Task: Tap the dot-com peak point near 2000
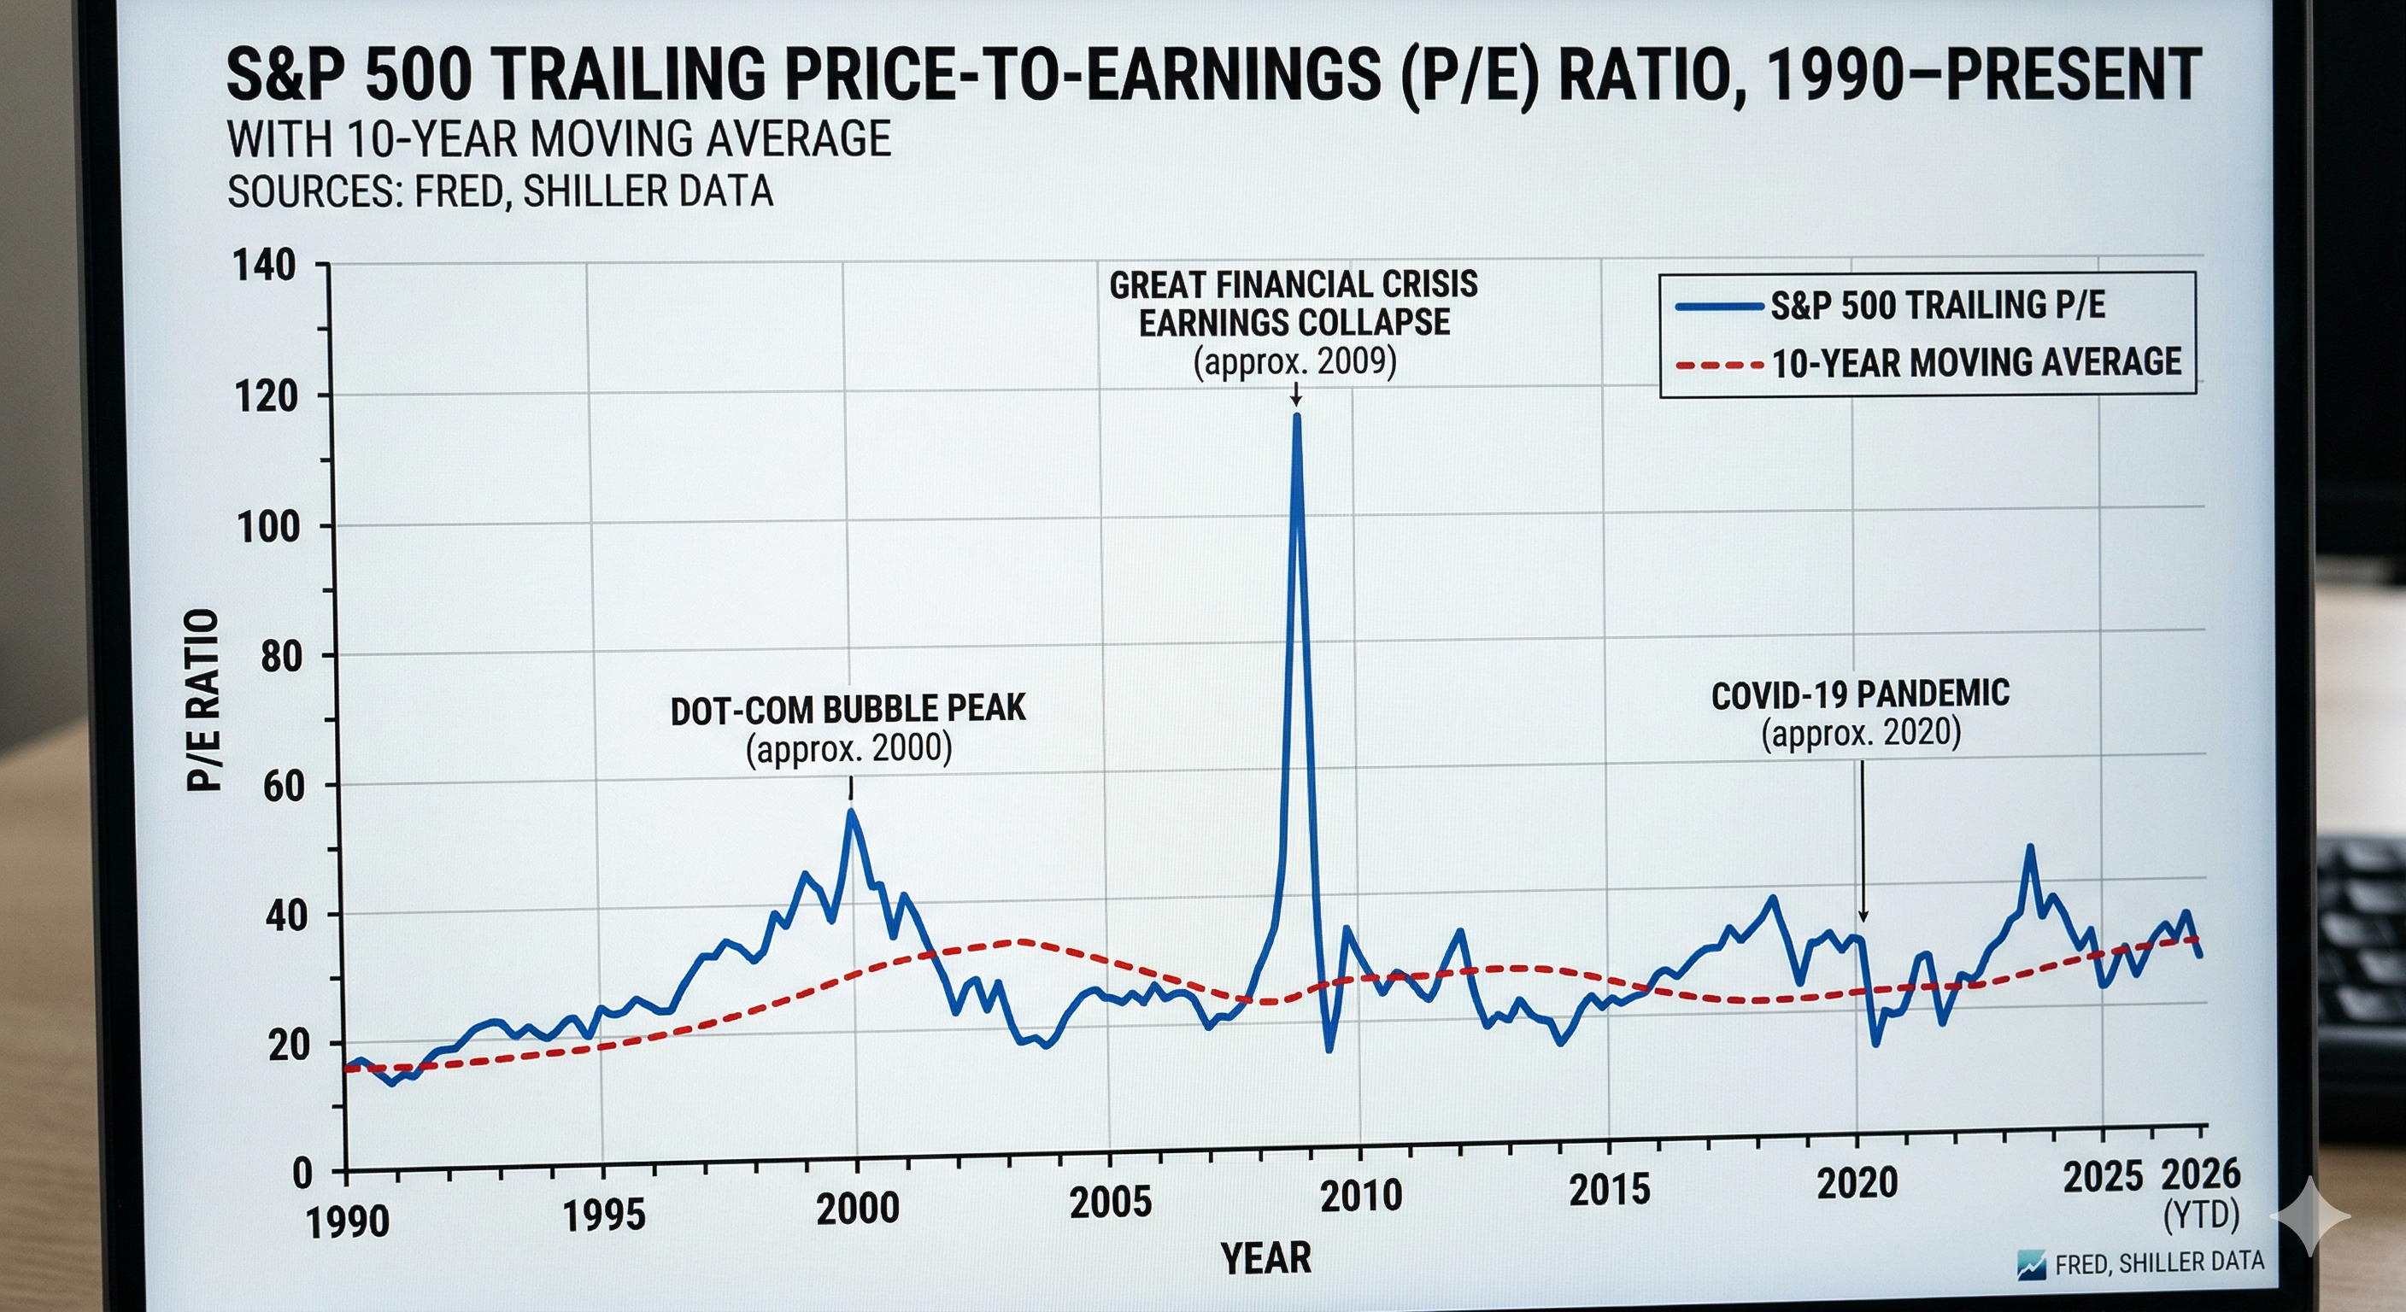point(851,812)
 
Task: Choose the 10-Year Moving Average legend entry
point(1975,362)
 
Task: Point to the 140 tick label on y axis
point(264,266)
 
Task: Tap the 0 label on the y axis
point(302,1174)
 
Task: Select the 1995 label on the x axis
point(603,1215)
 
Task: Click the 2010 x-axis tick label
point(1361,1196)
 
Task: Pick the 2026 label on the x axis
point(2202,1174)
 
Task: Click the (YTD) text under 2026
point(2202,1215)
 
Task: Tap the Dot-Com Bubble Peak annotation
point(848,710)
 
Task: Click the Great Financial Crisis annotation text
point(1294,303)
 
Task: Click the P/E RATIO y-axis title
point(203,700)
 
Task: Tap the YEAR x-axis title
point(1265,1258)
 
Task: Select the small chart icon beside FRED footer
point(2032,1265)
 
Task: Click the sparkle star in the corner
point(2313,1215)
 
